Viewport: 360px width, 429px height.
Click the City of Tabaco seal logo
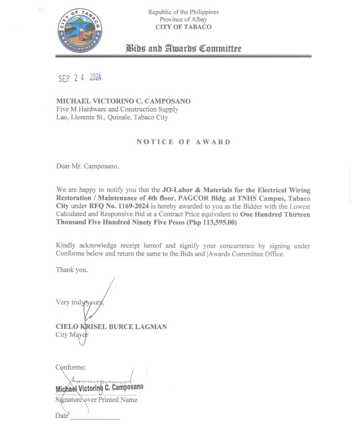tap(80, 30)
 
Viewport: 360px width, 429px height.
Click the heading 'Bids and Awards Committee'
tap(183, 49)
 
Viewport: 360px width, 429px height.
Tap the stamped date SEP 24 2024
tap(80, 78)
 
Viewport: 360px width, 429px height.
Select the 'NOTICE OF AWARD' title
tap(184, 142)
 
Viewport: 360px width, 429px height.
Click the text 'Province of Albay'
tap(183, 19)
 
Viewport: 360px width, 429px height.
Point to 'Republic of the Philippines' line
tap(183, 12)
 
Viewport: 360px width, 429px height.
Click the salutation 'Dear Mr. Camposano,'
tap(88, 166)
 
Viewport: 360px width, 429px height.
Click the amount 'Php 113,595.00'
tap(208, 222)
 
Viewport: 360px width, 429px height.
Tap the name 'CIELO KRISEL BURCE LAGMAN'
tap(111, 327)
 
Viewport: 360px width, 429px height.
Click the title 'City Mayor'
tap(72, 335)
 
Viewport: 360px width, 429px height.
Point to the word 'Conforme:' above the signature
tap(71, 367)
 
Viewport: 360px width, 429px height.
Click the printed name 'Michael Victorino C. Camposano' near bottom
tap(99, 388)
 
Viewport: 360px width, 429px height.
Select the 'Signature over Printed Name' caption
tap(96, 400)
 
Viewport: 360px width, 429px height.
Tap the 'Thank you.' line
tap(72, 269)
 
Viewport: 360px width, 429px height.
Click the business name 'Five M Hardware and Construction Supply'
tap(117, 109)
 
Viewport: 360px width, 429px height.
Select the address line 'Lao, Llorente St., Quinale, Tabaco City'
tap(112, 117)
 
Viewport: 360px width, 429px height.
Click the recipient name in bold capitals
tap(123, 101)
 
